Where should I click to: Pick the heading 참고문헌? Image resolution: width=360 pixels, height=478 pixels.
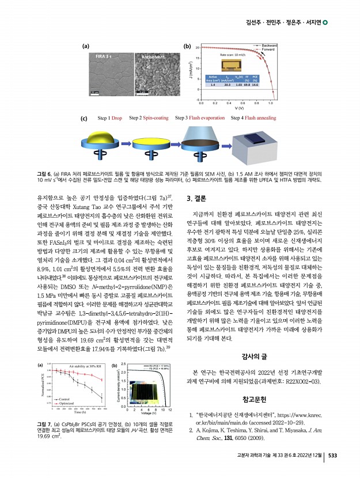pyautogui.click(x=256, y=382)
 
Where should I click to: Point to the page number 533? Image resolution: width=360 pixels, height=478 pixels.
pyautogui.click(x=332, y=469)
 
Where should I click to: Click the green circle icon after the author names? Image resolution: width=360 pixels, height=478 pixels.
pyautogui.click(x=325, y=22)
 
